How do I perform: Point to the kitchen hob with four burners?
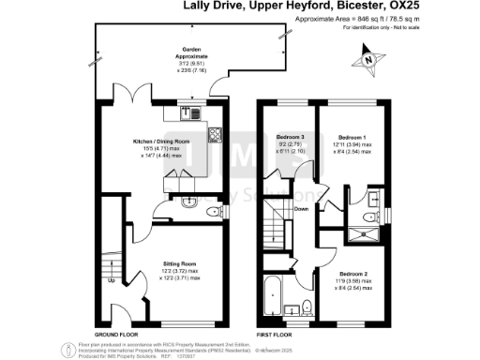[x=214, y=135]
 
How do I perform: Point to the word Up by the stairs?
[x=112, y=279]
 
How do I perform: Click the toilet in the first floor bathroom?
[x=307, y=307]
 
